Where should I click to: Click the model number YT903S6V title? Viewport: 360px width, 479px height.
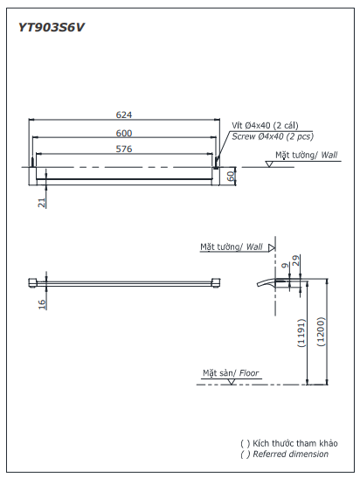52,26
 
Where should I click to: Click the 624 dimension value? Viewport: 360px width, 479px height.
124,115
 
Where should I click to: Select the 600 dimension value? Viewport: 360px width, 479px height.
124,132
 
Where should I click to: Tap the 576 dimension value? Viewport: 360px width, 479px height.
124,149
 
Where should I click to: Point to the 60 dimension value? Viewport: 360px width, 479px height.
232,175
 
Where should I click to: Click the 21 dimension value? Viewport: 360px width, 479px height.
41,202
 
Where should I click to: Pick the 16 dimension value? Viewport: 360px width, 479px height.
41,303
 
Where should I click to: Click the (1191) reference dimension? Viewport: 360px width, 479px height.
301,333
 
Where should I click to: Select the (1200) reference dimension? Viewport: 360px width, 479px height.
322,333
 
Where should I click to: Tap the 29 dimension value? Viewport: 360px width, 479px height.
296,260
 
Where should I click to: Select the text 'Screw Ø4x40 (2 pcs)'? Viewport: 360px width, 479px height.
272,136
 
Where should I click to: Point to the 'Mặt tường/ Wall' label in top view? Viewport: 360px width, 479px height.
306,155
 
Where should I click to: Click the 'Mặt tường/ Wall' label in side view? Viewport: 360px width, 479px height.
231,247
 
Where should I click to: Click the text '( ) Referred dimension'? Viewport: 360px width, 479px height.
285,454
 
